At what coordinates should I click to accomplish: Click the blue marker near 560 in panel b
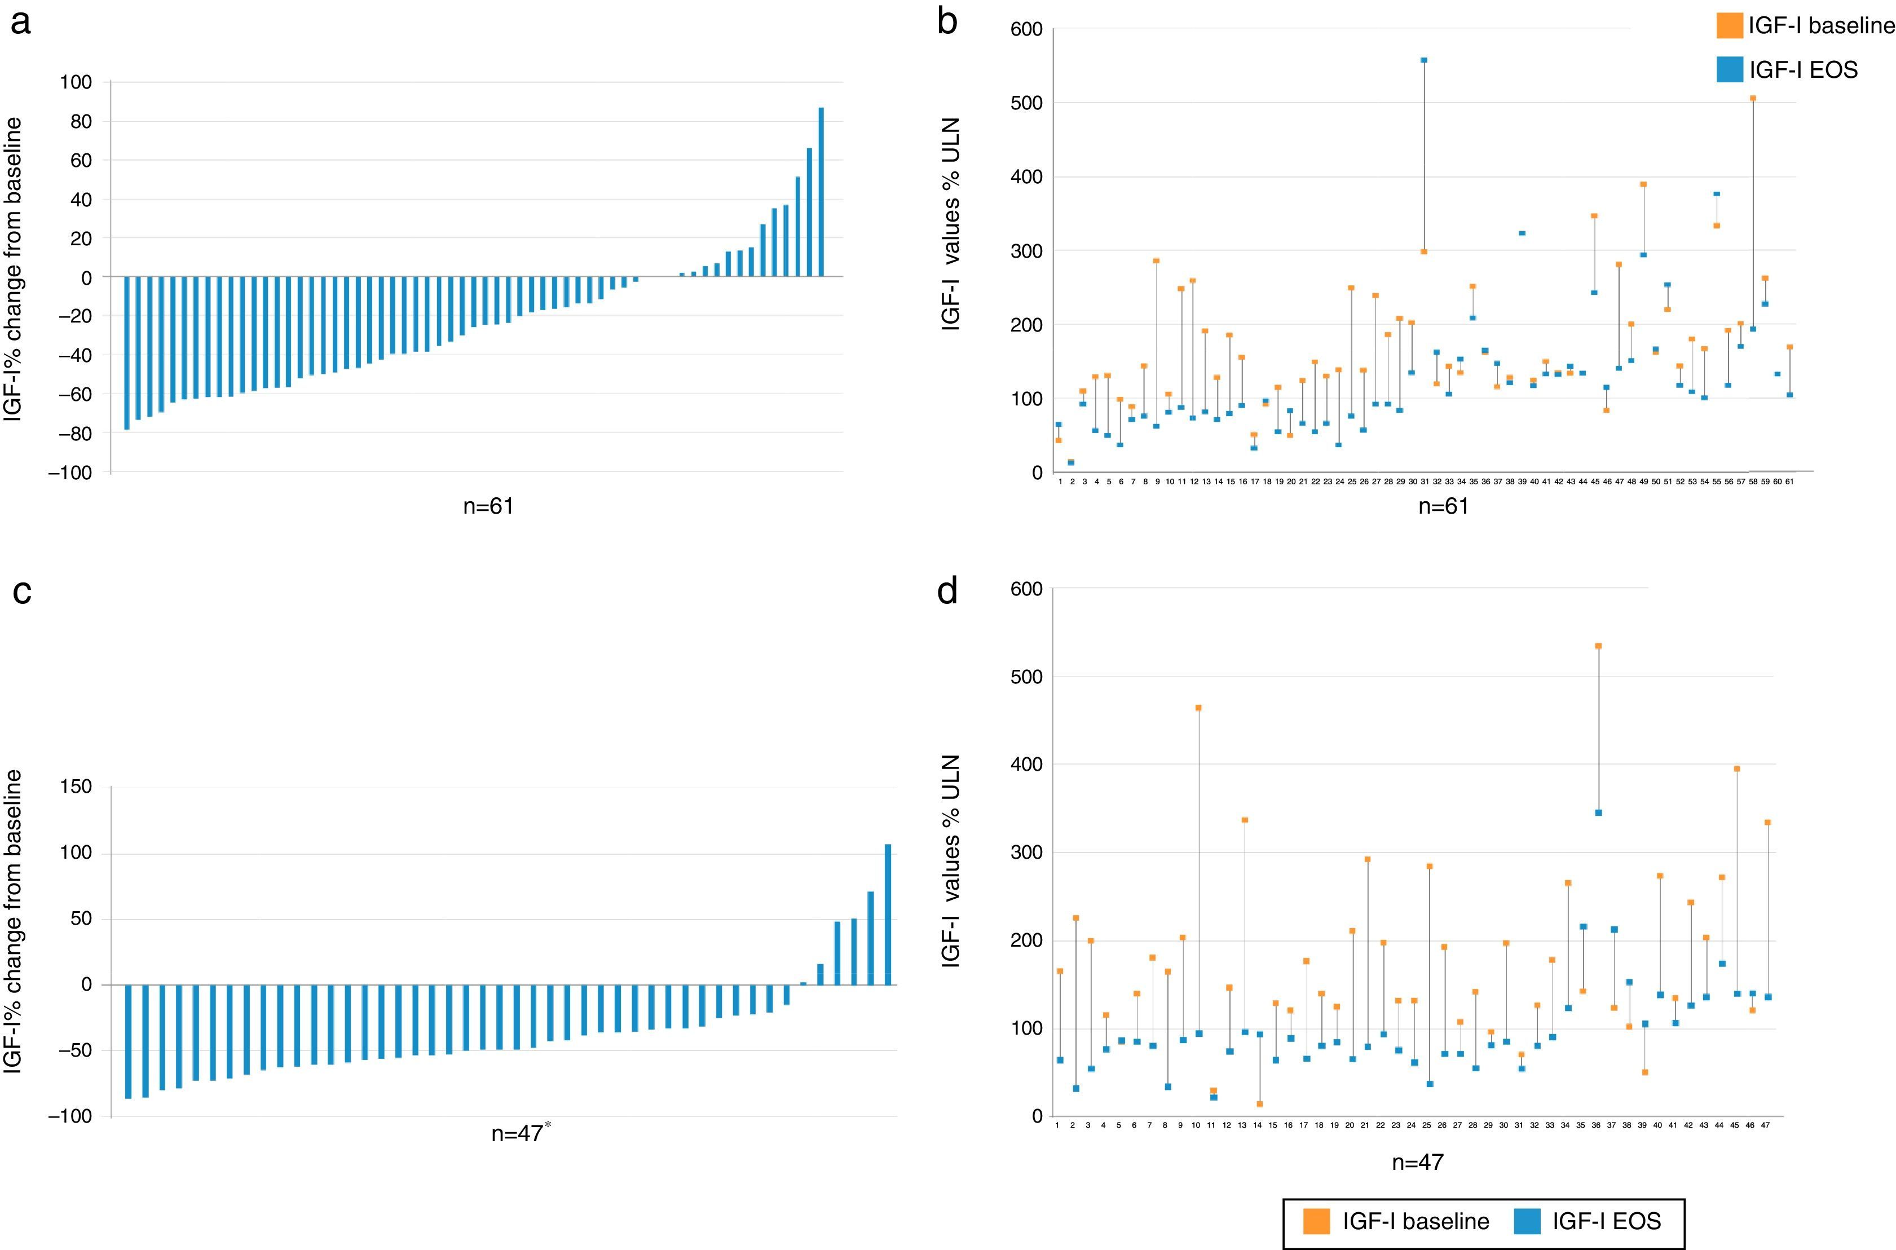(1424, 60)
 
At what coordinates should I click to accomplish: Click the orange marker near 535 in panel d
(1599, 646)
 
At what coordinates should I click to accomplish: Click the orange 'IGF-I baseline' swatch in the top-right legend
(1730, 26)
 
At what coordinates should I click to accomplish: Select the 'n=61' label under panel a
(488, 505)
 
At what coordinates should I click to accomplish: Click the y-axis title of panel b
(950, 223)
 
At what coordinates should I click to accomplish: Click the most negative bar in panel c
(127, 1041)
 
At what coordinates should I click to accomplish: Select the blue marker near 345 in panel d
(1599, 813)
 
